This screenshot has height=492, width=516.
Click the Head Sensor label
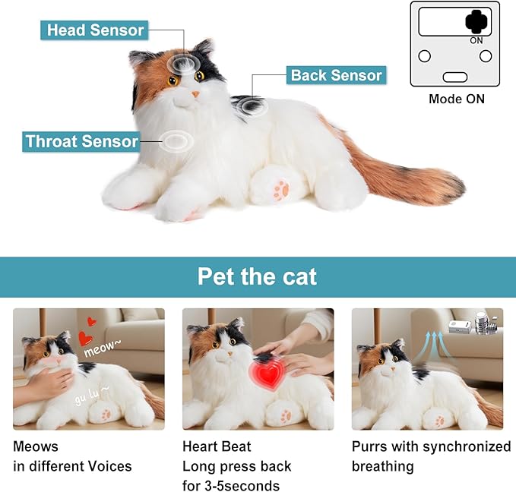click(x=95, y=30)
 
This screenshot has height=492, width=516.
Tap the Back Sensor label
click(x=336, y=75)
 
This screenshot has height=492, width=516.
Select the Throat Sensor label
click(x=81, y=141)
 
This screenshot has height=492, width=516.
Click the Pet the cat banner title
click(x=258, y=276)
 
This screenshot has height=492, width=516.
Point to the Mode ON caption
click(x=456, y=99)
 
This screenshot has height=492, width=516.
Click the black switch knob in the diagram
click(x=476, y=20)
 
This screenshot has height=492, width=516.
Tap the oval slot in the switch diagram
click(x=456, y=77)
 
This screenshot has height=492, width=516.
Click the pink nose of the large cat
click(x=195, y=93)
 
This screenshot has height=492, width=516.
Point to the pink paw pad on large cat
click(x=282, y=188)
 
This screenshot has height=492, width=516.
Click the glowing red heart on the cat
click(x=264, y=374)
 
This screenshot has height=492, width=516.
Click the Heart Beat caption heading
click(x=217, y=446)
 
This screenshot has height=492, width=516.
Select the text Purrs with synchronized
click(x=431, y=446)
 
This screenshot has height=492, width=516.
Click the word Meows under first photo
click(x=36, y=446)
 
